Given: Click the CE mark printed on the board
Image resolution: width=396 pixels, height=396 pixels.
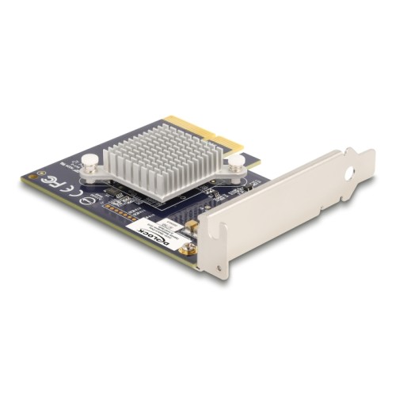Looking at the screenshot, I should (63, 190).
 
